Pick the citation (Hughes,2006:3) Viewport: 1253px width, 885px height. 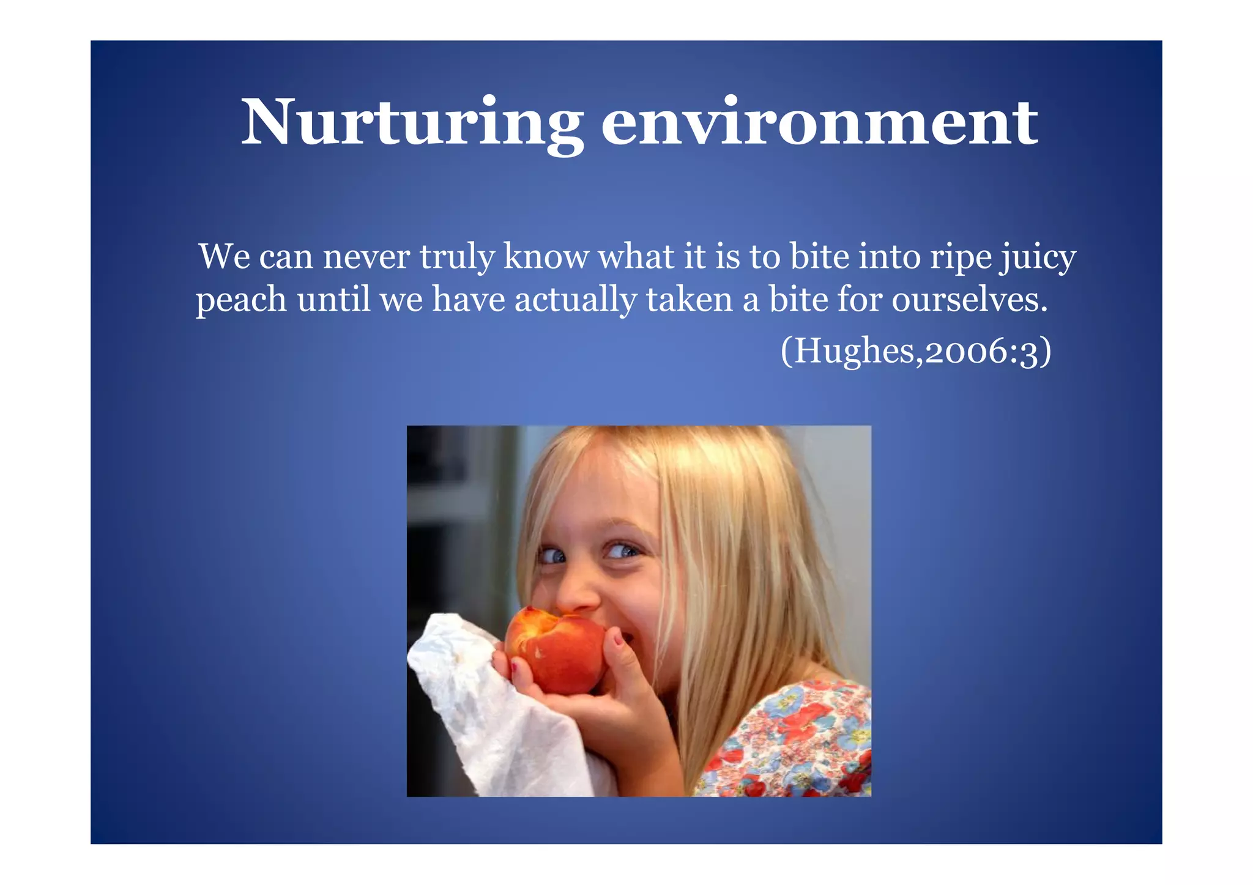pos(916,352)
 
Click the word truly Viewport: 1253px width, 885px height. pos(456,258)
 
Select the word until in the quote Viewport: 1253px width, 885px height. pos(333,300)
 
